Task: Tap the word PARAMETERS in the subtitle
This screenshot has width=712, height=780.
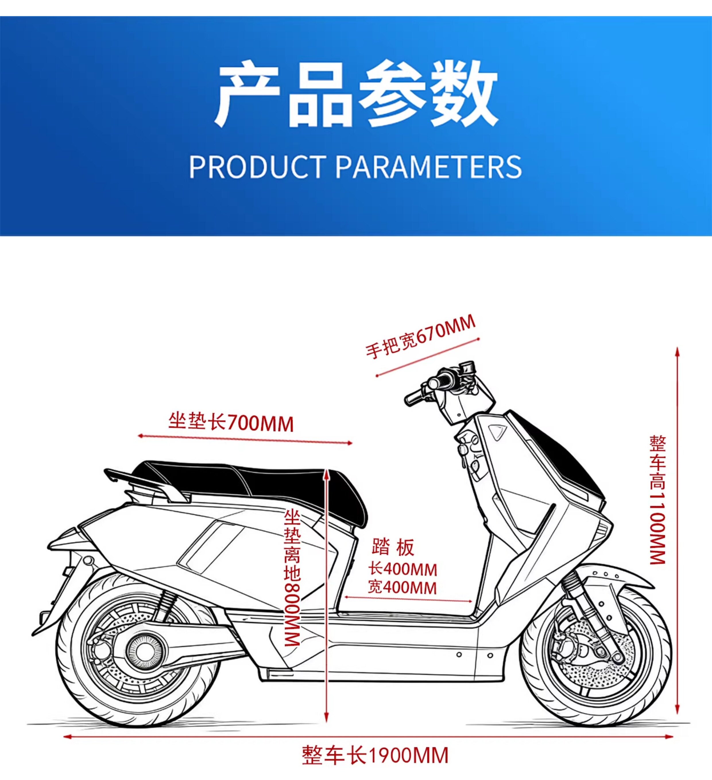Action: [x=428, y=167]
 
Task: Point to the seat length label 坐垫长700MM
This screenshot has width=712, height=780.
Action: [x=231, y=422]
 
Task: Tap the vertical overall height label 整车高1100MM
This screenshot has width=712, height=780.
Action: [x=657, y=499]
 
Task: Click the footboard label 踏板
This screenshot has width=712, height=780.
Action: [x=392, y=547]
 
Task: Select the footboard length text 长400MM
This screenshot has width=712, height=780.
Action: [x=403, y=569]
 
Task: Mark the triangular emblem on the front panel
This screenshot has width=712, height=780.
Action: [x=497, y=431]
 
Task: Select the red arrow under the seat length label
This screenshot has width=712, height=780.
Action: [x=245, y=439]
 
